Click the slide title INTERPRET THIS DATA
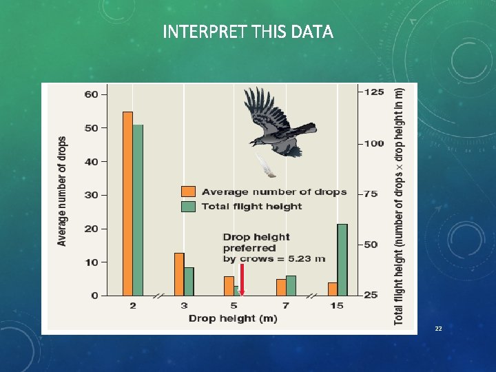(x=248, y=32)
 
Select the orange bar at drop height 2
(x=127, y=203)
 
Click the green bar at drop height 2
(x=138, y=210)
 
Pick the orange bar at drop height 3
(x=179, y=274)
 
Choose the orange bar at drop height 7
(x=281, y=287)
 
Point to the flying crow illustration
(x=279, y=124)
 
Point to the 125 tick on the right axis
(x=374, y=92)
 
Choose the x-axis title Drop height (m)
(x=233, y=318)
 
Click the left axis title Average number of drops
(x=63, y=191)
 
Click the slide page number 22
(x=438, y=329)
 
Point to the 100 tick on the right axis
(x=374, y=143)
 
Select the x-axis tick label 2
(x=133, y=305)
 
